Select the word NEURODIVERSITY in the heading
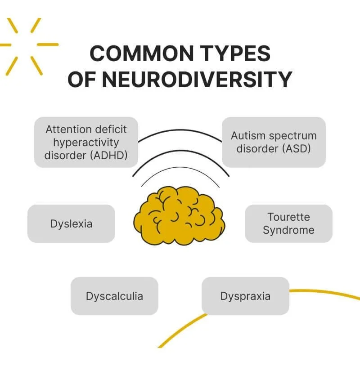197,79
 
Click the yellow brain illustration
179,215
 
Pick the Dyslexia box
72,223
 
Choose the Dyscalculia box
114,296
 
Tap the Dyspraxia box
245,296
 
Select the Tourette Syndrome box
288,223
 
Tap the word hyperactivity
85,143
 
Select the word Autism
247,136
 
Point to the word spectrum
292,136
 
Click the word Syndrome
288,230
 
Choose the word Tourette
288,217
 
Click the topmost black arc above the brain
180,131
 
